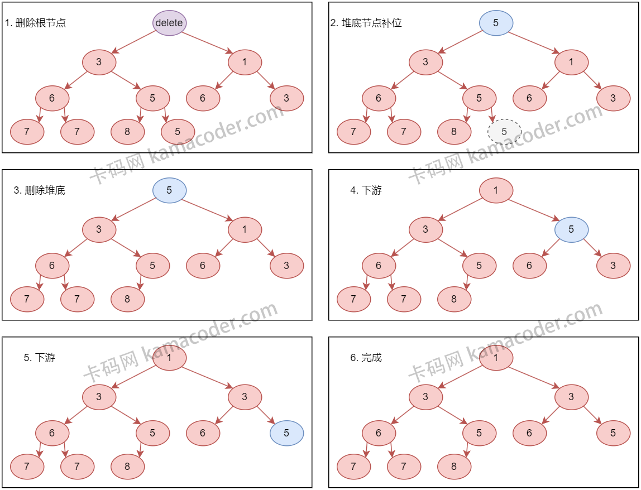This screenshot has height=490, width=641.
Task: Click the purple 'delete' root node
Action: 169,23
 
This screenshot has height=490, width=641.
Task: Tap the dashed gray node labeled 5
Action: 504,132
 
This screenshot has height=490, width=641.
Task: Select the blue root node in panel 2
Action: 496,23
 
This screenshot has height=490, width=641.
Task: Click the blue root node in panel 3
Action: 169,190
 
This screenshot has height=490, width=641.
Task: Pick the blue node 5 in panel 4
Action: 571,229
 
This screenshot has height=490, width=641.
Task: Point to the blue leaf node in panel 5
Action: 286,433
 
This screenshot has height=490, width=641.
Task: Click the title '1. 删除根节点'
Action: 36,23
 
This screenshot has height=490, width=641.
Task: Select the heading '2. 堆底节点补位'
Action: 366,23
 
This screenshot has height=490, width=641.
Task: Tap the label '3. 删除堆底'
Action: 40,190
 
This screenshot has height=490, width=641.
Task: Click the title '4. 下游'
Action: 366,190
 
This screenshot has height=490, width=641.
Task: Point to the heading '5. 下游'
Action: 40,358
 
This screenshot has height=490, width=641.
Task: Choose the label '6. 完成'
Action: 366,358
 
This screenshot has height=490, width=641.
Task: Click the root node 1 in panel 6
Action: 496,358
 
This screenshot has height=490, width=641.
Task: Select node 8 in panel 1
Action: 127,132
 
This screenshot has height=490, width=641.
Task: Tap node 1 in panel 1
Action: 245,62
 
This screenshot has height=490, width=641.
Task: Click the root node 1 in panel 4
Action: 496,190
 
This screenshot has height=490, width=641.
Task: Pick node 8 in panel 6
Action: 454,467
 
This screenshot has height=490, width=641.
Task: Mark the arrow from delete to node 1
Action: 206,42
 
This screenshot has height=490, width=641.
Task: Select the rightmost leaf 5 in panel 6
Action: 613,433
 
